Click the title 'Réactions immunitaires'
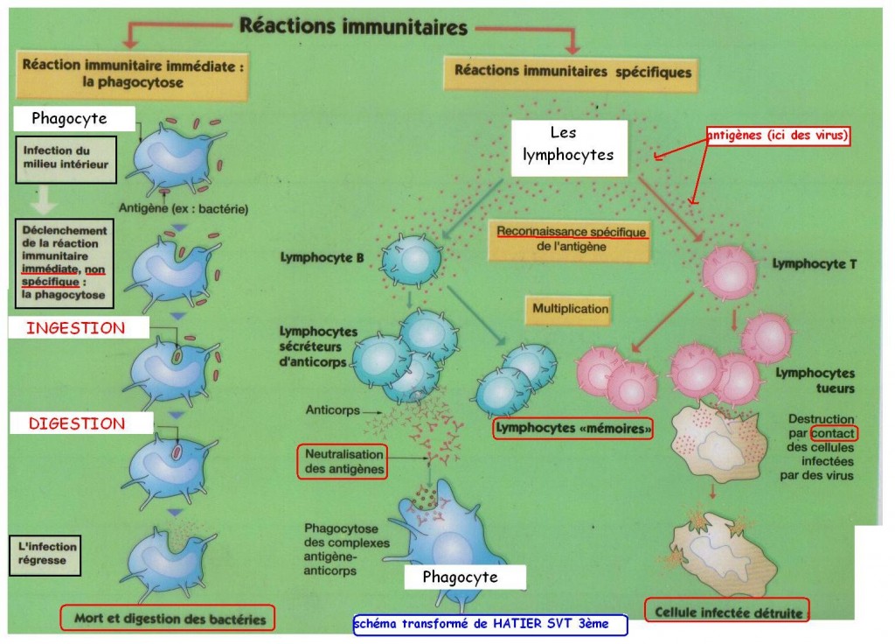coord(353,26)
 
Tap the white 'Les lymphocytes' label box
coord(570,144)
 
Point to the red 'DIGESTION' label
coord(77,423)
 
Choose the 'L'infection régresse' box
coord(45,555)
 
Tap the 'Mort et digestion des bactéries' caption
coord(167,619)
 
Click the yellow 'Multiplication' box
coord(570,309)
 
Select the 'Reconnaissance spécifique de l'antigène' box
coord(572,239)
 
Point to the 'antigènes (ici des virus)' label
coord(779,136)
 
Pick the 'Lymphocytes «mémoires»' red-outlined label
coord(572,430)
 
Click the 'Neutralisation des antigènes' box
coord(343,462)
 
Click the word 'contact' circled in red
coord(834,433)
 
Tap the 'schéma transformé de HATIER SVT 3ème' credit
coord(489,625)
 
